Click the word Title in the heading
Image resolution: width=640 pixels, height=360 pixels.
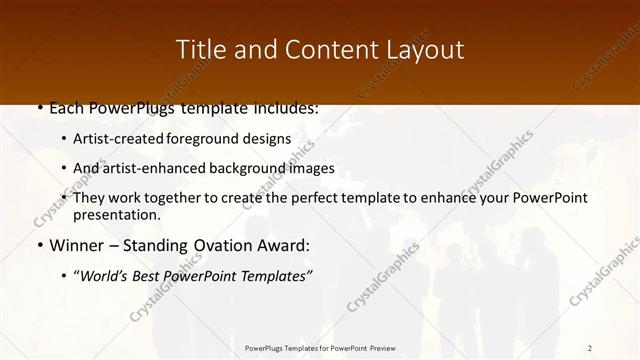click(198, 49)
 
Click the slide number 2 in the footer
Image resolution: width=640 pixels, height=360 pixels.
click(590, 347)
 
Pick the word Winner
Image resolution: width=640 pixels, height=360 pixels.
click(75, 245)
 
